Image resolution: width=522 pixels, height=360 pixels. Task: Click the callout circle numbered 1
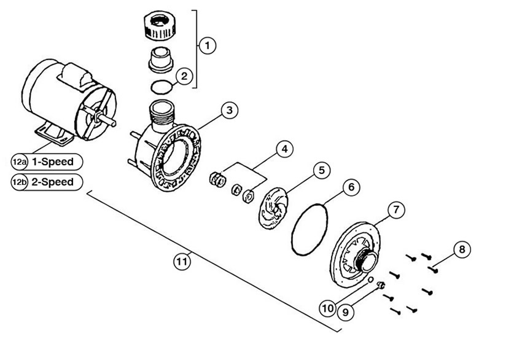[x=208, y=45]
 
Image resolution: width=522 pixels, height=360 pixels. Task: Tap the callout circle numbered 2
[x=184, y=76]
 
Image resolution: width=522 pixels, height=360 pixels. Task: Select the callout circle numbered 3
[x=230, y=110]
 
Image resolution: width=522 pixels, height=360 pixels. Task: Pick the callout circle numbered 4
[x=284, y=149]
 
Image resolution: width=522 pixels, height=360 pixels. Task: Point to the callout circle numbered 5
[x=322, y=170]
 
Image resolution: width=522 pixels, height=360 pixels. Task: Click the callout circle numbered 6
[x=351, y=187]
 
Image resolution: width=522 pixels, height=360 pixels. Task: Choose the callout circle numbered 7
[x=396, y=210]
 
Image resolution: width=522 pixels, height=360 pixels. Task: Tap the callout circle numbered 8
[x=462, y=249]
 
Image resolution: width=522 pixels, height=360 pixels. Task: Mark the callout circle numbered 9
[x=346, y=312]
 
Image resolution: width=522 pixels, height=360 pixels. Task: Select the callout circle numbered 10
[x=327, y=308]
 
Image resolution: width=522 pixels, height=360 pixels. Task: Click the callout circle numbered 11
[x=182, y=262]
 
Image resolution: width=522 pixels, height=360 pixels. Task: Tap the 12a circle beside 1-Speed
[x=19, y=162]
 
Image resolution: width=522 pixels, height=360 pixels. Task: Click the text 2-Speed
[x=52, y=182]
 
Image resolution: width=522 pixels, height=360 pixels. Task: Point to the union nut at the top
[x=159, y=26]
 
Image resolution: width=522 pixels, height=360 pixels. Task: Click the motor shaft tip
[x=114, y=123]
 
